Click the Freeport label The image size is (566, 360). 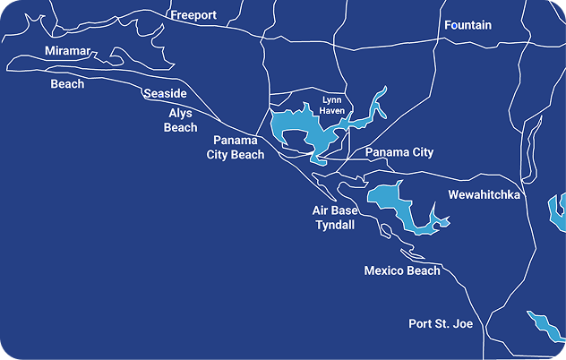[x=193, y=15]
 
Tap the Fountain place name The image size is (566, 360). [x=467, y=25]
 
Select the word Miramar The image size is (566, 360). [x=68, y=51]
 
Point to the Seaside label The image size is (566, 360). [x=165, y=94]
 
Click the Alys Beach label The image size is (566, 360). [x=180, y=120]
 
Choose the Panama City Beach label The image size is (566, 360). [x=238, y=148]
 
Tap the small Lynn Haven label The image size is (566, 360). [x=333, y=105]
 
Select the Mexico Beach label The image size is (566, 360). [x=402, y=270]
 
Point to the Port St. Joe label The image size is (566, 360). [x=441, y=323]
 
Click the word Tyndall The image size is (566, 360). [x=336, y=225]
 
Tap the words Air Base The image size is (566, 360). [x=335, y=210]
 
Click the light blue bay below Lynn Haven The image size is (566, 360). [x=296, y=130]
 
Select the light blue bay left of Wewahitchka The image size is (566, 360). [x=394, y=201]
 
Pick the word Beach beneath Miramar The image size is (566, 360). [x=67, y=84]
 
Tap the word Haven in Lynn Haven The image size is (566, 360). [x=333, y=110]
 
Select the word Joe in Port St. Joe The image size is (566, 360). [x=462, y=323]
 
